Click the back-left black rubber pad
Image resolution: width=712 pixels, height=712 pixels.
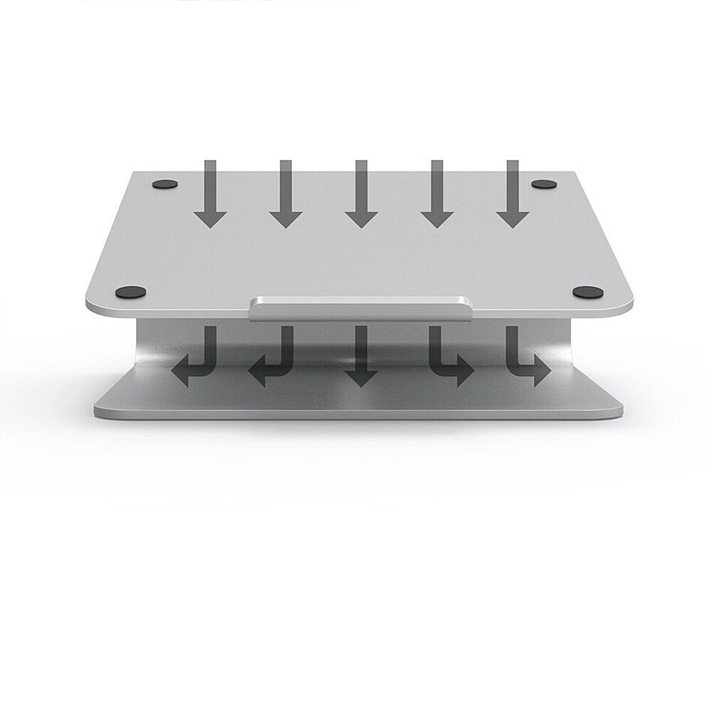[166, 184]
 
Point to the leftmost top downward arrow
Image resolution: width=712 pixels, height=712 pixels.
[209, 196]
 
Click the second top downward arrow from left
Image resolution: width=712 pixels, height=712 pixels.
[286, 196]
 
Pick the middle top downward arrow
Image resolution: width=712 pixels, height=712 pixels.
[361, 196]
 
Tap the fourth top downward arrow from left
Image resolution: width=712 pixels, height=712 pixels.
[436, 196]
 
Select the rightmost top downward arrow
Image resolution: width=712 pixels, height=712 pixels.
[513, 196]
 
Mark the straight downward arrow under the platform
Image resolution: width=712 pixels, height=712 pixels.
[361, 356]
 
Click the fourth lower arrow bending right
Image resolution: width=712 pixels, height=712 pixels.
[449, 356]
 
